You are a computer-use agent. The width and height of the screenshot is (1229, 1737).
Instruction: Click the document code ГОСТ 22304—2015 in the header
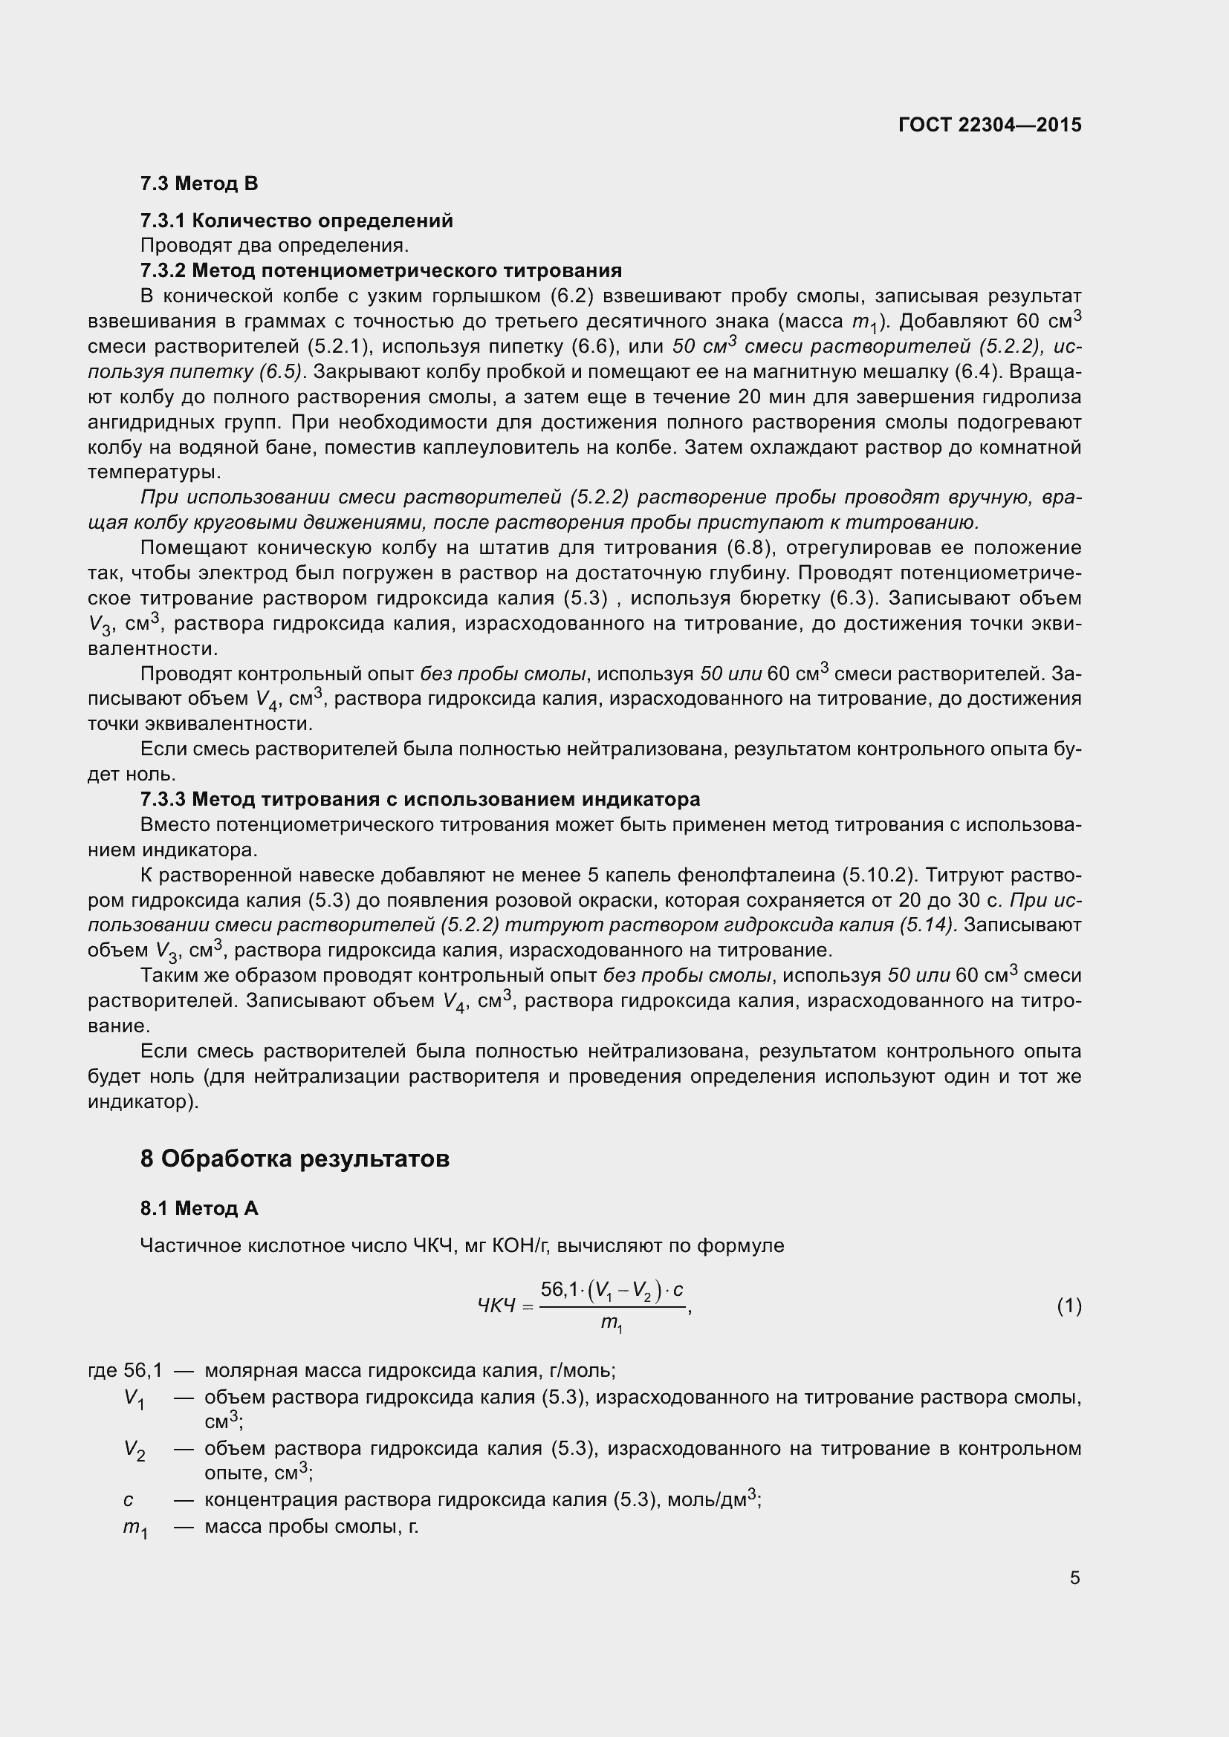989,125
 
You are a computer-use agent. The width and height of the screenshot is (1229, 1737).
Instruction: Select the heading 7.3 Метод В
199,183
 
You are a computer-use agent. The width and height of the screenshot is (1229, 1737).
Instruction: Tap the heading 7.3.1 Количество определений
296,221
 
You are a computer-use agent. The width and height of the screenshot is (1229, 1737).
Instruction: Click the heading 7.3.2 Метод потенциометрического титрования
380,270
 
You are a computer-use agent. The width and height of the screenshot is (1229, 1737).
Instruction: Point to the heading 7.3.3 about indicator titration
420,799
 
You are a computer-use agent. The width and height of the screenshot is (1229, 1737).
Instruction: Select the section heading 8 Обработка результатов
294,1158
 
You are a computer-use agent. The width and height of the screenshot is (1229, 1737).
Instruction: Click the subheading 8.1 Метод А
199,1208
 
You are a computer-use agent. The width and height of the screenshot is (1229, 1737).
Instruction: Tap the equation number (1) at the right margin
1069,1306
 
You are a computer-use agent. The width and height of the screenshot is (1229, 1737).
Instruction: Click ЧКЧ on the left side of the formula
496,1306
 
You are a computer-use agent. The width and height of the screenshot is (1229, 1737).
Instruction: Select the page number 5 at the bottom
1074,1578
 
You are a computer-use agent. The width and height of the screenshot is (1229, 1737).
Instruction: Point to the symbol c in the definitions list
128,1499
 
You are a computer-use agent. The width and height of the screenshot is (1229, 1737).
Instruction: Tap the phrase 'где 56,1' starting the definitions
125,1370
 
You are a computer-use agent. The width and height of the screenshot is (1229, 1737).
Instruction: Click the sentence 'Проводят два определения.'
274,245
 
